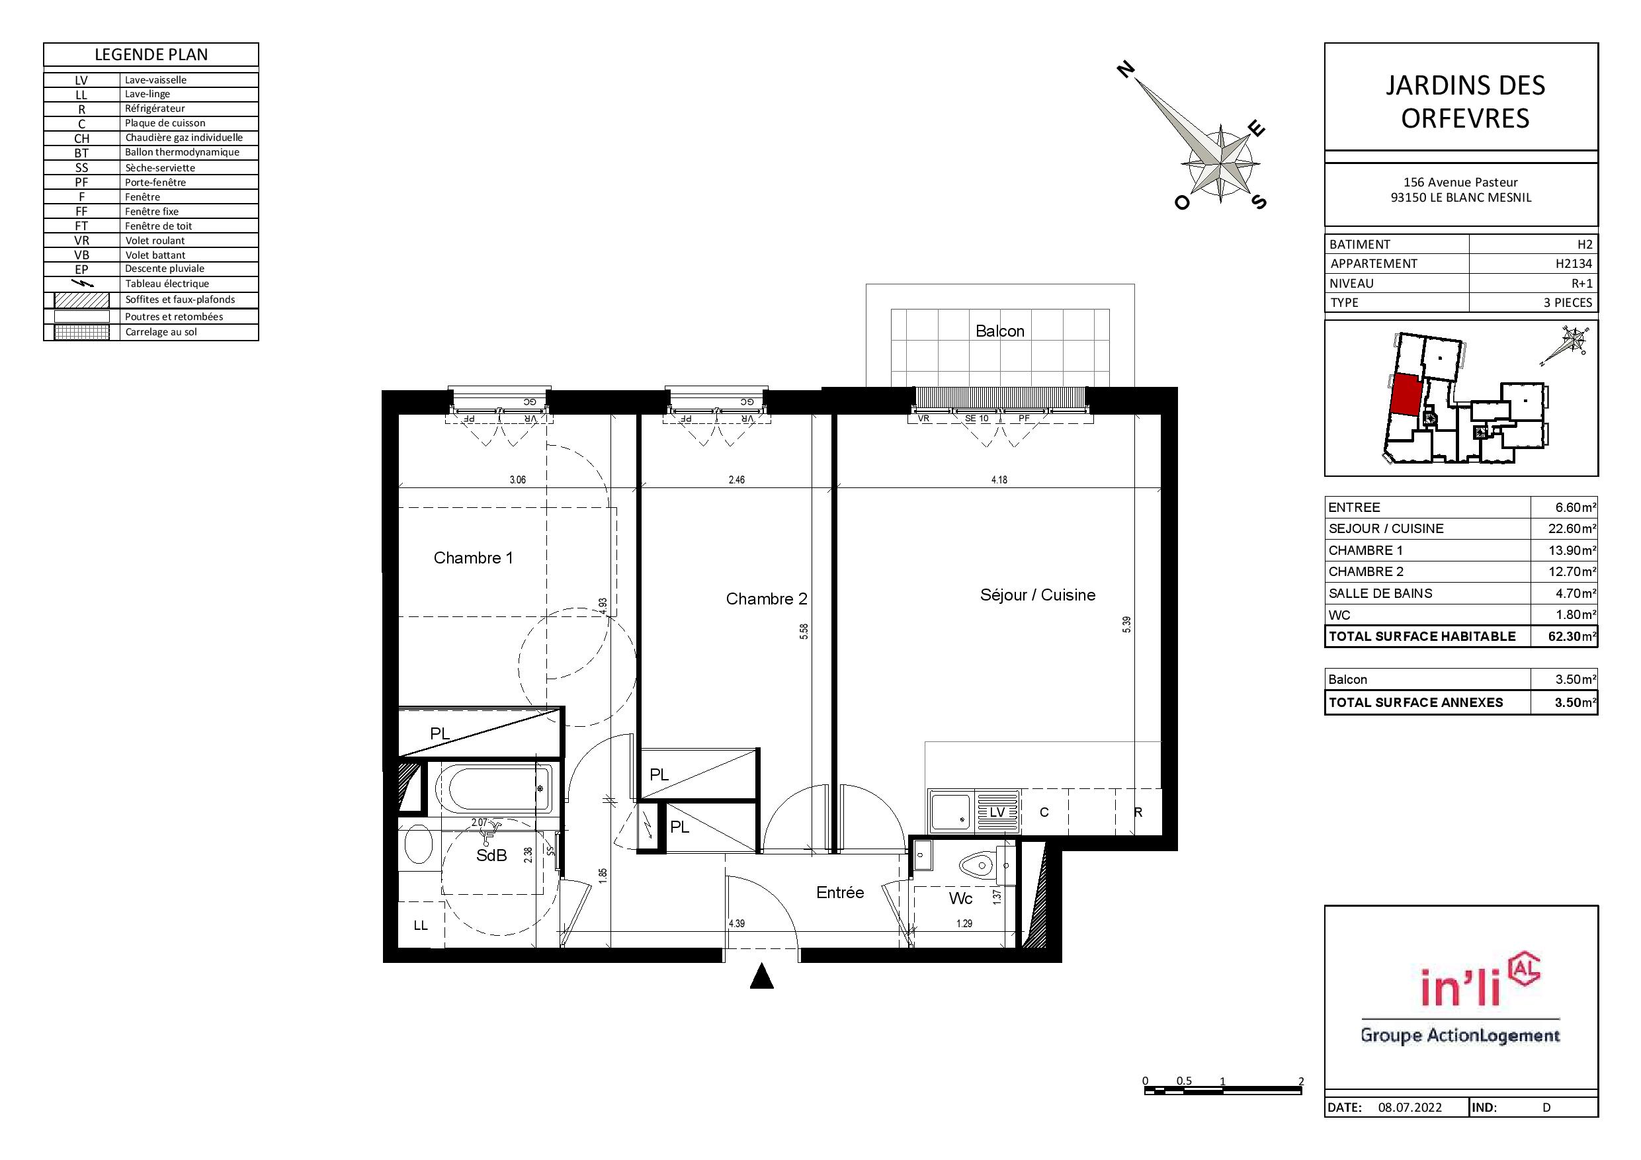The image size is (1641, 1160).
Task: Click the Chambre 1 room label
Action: coord(473,558)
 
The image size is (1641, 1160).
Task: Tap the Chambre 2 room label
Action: coord(766,599)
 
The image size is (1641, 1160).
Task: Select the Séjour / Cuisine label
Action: coord(1037,595)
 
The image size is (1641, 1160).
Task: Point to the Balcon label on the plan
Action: coord(1000,331)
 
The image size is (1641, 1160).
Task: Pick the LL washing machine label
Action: coord(420,926)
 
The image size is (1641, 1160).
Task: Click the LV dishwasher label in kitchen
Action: coord(997,812)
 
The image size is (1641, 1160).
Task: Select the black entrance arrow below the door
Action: coord(762,976)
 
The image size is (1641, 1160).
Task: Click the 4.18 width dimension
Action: coord(999,479)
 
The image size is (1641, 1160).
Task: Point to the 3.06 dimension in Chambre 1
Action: coord(517,479)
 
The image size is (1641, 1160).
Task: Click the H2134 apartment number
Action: coord(1574,264)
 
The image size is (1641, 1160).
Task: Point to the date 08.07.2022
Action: coord(1410,1108)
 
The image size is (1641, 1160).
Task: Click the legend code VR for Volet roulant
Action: coord(81,241)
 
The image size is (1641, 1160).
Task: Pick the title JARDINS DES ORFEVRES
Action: coord(1465,101)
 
